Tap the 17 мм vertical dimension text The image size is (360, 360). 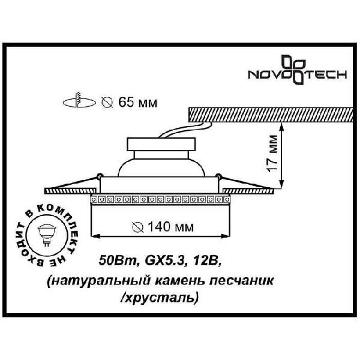(272, 153)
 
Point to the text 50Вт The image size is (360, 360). (118, 261)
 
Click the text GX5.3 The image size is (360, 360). (164, 261)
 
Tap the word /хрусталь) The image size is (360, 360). (159, 298)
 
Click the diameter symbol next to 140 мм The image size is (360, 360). (138, 227)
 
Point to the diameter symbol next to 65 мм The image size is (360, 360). (107, 103)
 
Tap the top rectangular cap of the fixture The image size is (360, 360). (161, 144)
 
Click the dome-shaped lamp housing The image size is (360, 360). (161, 167)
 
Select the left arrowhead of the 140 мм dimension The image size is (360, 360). (95, 236)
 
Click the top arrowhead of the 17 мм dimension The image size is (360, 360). (282, 126)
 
